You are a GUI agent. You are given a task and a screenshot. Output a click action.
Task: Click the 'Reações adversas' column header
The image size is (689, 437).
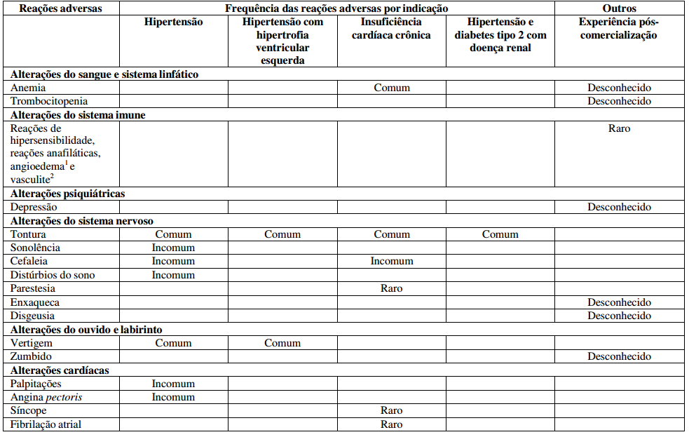(x=61, y=8)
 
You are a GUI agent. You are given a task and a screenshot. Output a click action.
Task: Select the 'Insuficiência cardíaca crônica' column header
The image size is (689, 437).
(x=391, y=28)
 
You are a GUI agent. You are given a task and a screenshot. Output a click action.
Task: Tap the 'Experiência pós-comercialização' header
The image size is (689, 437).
(x=619, y=28)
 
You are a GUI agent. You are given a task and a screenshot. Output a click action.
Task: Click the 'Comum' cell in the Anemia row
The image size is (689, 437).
(x=392, y=88)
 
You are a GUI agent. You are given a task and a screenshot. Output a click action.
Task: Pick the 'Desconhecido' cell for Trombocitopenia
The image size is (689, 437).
(x=619, y=101)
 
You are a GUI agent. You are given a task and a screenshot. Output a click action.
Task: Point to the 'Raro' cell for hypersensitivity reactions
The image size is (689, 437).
(x=619, y=128)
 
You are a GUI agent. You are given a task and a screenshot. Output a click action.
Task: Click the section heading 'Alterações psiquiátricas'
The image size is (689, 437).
(x=68, y=193)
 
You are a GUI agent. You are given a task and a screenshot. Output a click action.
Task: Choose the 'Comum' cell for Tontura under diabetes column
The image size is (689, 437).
(x=500, y=234)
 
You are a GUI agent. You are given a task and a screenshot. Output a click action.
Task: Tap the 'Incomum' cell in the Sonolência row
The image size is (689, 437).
(x=173, y=248)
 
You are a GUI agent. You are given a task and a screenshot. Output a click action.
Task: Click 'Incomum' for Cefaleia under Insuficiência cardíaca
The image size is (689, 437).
(x=392, y=261)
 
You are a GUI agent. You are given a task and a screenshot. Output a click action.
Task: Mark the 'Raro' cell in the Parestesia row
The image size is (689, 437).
(x=392, y=288)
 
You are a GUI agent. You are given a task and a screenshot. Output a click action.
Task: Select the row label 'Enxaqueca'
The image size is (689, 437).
(x=35, y=302)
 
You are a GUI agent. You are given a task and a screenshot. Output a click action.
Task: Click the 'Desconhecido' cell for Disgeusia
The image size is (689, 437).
(x=619, y=316)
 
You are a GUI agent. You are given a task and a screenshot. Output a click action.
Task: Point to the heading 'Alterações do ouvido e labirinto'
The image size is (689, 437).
(x=87, y=329)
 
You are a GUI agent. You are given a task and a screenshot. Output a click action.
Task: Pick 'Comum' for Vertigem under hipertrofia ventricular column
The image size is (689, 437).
(x=282, y=343)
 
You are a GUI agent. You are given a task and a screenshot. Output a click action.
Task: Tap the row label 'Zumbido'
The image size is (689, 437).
(x=31, y=356)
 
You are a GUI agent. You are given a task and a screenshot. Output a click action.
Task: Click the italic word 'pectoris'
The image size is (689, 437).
(x=64, y=397)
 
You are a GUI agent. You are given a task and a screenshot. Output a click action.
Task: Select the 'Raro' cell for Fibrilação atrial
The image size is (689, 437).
(x=392, y=424)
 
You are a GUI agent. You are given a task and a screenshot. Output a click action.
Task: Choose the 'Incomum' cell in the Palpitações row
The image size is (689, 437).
(x=173, y=384)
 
